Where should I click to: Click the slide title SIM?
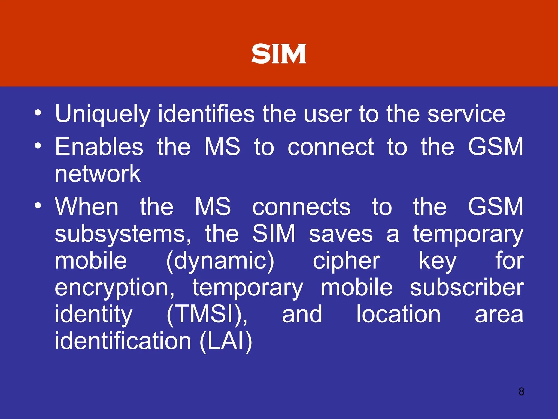click(x=279, y=54)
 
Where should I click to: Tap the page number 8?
click(x=521, y=391)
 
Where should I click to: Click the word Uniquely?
click(x=102, y=114)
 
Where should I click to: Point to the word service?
click(x=466, y=114)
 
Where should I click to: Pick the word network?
click(x=98, y=174)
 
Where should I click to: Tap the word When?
click(x=87, y=206)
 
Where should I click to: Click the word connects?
click(x=301, y=207)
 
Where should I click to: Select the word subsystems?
click(x=123, y=234)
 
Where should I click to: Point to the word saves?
click(x=341, y=234)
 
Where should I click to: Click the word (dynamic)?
click(x=220, y=261)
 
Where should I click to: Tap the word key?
click(x=437, y=261)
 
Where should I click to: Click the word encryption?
click(x=115, y=288)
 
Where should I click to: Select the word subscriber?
click(x=467, y=288)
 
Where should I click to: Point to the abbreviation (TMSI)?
click(x=207, y=315)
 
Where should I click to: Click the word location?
click(x=398, y=314)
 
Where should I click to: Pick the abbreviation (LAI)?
click(x=226, y=341)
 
